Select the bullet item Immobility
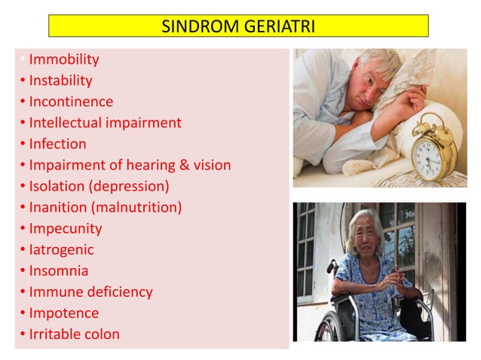point(63,59)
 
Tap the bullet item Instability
point(60,80)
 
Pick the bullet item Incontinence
point(71,101)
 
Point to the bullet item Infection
point(57,143)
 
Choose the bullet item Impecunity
point(65,228)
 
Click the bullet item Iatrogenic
point(61,249)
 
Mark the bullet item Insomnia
point(58,270)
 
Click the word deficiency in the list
point(120,291)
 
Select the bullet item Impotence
point(63,313)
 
